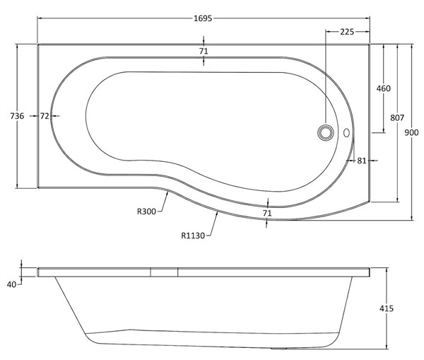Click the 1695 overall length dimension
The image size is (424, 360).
203,18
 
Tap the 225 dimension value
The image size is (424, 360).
347,32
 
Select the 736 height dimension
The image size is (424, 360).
17,116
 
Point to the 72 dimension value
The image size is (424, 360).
45,116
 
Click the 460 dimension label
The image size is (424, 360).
384,88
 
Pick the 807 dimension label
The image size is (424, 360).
397,117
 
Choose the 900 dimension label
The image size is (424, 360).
411,132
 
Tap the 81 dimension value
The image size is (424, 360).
362,161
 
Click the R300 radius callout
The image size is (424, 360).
146,211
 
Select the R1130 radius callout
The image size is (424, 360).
193,236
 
